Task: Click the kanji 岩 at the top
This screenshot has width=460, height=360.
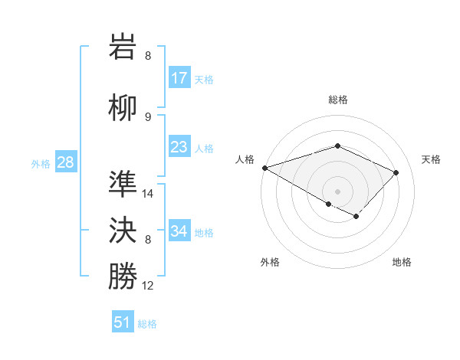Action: [123, 47]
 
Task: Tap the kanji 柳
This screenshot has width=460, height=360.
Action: [123, 108]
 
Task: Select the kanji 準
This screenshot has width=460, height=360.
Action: [123, 185]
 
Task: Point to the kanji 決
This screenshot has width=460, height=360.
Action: [123, 231]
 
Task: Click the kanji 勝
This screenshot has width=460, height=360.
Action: [123, 277]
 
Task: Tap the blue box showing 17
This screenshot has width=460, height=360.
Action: [179, 78]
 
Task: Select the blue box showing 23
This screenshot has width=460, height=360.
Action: [179, 147]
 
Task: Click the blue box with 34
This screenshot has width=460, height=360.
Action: [179, 231]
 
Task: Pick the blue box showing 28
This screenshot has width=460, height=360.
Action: [65, 162]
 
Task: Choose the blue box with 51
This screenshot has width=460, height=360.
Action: [123, 322]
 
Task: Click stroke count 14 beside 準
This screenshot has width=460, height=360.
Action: [149, 194]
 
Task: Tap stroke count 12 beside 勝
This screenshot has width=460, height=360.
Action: [149, 286]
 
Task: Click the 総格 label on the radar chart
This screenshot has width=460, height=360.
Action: [338, 100]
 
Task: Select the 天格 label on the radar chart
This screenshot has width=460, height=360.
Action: [432, 159]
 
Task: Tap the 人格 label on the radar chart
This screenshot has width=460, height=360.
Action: [245, 159]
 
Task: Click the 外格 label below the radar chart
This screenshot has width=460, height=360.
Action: [270, 262]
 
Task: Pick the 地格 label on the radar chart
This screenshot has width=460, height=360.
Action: [402, 262]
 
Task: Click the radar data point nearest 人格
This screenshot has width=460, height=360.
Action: [264, 168]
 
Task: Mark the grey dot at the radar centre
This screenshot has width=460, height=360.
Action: [337, 191]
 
